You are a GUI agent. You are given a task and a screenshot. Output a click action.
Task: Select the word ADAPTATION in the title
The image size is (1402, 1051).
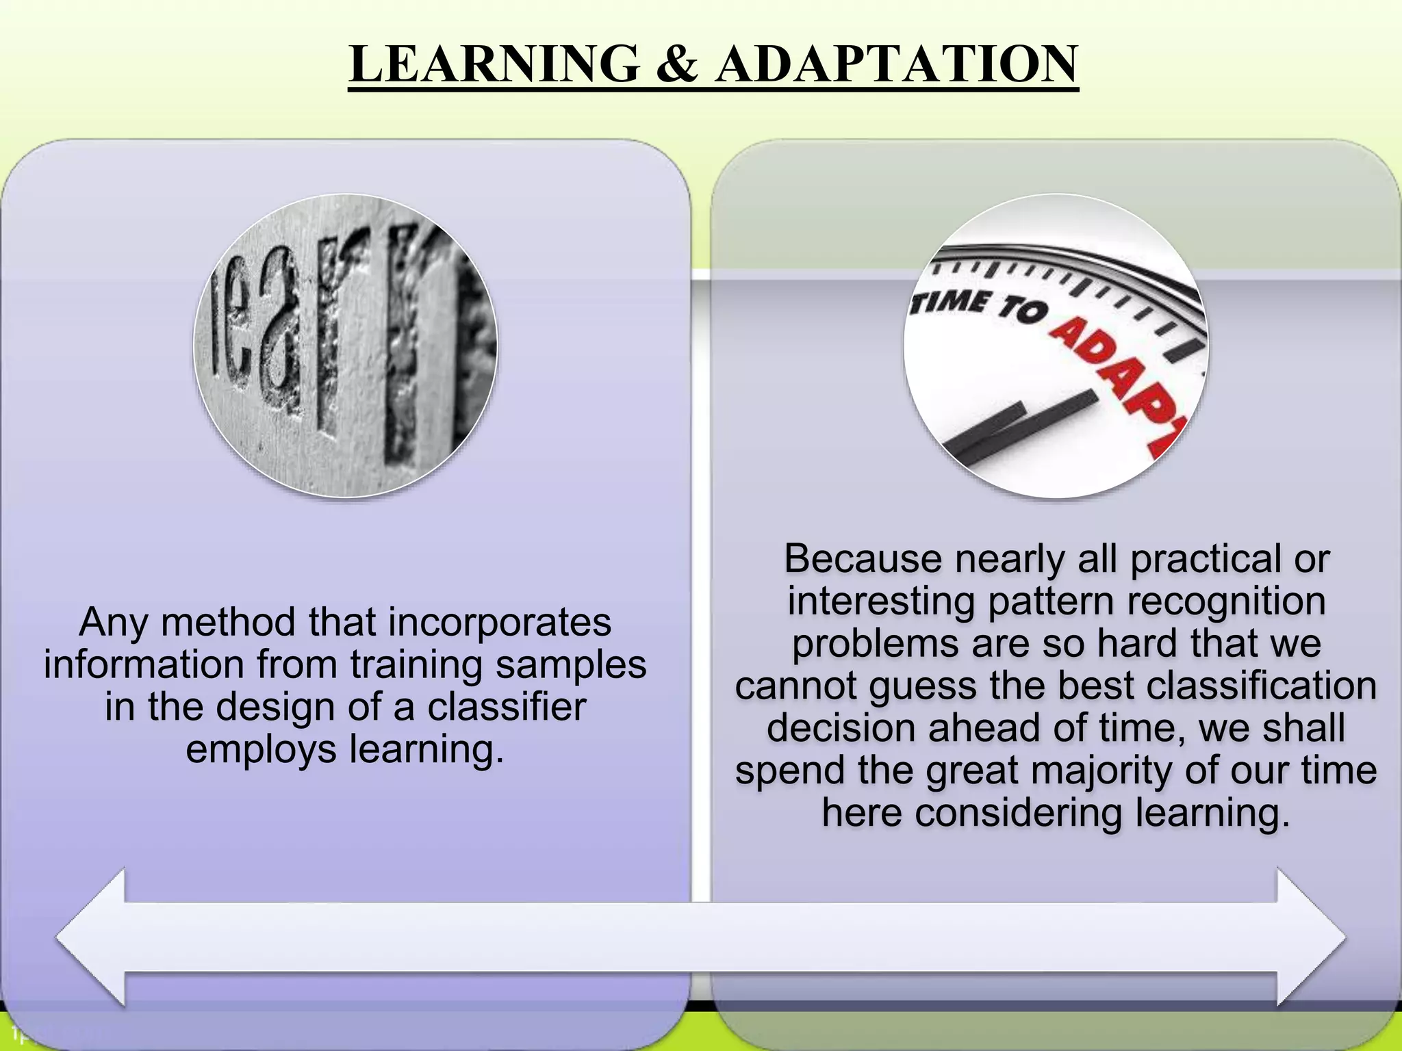pos(896,64)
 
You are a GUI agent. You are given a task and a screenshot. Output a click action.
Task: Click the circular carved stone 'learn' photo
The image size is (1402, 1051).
pos(346,346)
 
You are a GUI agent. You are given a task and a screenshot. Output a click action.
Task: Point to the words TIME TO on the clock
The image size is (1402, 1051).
pos(979,304)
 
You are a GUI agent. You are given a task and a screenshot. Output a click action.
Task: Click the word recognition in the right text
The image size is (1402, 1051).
pos(1226,601)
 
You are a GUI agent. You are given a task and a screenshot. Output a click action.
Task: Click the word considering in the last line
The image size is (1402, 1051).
pos(1019,813)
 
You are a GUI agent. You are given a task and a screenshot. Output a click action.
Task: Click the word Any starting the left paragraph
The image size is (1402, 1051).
pos(113,622)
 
